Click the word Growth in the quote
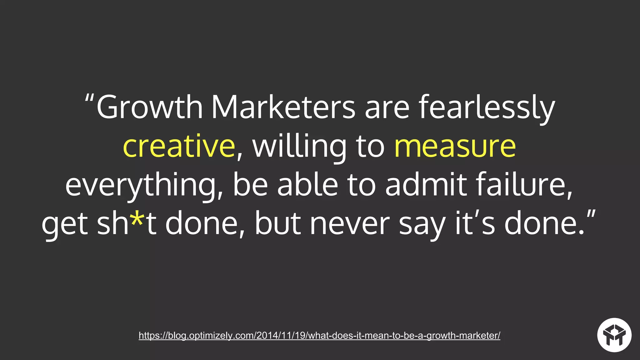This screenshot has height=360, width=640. (150, 107)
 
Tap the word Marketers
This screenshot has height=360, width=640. (283, 107)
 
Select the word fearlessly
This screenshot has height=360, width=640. (487, 107)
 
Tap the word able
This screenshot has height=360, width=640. (307, 185)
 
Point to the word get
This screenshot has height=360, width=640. (65, 224)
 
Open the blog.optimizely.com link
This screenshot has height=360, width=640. (319, 336)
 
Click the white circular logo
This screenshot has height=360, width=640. (614, 335)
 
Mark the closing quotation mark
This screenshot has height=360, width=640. (591, 216)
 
